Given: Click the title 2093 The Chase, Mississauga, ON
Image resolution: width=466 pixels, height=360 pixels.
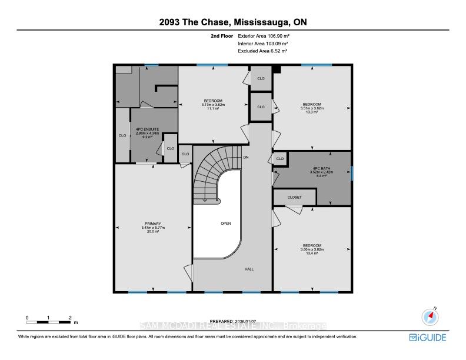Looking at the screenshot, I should point(232,23).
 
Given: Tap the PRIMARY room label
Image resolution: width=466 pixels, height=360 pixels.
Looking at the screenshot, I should point(152,224).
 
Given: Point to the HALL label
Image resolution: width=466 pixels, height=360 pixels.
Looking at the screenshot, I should point(249,269).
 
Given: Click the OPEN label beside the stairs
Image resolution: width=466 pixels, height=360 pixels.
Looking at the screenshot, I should point(225,224).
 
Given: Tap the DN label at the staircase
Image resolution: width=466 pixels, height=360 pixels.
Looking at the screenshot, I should point(246,158).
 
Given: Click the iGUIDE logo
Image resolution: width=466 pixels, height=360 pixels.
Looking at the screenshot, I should point(427,337).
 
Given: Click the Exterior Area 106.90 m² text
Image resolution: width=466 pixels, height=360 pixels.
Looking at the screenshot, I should point(262,36).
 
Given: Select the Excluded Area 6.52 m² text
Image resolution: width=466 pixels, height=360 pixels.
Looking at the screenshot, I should point(261,51).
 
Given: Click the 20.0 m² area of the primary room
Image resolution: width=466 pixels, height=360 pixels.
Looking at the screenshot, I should point(152,231).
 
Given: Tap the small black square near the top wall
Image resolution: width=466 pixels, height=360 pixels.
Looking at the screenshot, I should point(277,69).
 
